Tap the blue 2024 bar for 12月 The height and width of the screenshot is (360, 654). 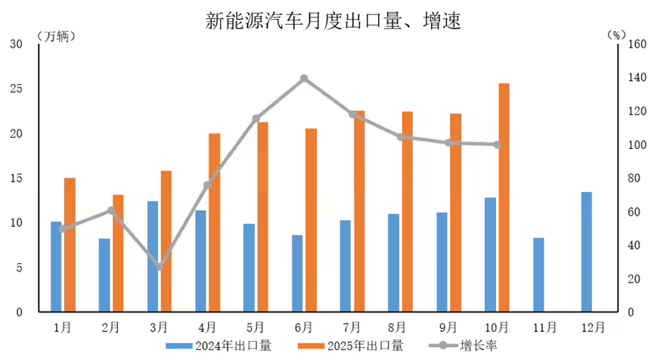point(587,252)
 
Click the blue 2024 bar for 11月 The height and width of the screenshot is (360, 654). point(538,275)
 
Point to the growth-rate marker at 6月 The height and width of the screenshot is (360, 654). point(304,79)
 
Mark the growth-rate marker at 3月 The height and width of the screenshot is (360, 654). point(159,267)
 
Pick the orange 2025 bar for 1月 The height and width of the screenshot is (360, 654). point(70,244)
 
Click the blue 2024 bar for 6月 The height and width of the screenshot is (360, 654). point(297,273)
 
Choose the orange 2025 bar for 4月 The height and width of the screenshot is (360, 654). point(215,222)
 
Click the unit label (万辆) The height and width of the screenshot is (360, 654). point(56,36)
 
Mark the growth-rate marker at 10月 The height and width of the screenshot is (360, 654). point(497,144)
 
